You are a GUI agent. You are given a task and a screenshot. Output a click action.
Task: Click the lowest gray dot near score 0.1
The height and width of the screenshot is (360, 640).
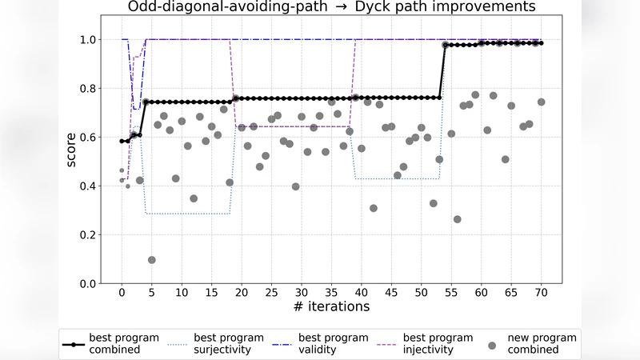click(152, 260)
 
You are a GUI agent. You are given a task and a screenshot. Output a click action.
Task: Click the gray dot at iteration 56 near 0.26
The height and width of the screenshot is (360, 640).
click(457, 219)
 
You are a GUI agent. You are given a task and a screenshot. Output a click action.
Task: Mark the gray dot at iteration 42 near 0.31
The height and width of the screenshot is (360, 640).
click(374, 208)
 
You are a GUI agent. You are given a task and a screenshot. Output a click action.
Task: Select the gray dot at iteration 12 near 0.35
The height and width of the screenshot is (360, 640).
click(194, 198)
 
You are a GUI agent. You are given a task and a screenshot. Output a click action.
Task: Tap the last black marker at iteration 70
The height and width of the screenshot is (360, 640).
click(541, 43)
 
